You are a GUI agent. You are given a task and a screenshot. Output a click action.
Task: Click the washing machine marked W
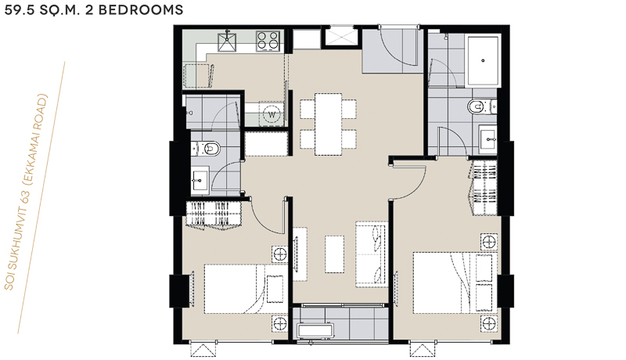point(272,114)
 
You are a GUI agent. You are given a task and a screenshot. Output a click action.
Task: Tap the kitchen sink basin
point(227,42)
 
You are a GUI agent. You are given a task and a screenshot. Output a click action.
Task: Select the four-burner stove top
point(268,41)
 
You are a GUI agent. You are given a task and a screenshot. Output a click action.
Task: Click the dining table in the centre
point(328,124)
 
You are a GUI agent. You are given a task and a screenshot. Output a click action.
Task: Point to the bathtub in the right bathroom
point(483,61)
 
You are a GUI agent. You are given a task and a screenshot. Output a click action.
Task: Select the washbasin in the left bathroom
point(200,181)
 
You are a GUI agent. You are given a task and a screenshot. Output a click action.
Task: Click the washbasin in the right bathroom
point(487,139)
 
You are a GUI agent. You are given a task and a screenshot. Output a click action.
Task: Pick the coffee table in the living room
point(335,254)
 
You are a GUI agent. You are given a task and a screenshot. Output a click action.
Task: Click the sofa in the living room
point(372,254)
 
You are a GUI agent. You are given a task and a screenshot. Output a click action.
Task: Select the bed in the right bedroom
point(455,283)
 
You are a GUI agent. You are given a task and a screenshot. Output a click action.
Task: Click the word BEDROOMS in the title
point(141,9)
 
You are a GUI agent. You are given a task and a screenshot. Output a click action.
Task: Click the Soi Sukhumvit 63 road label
point(26,192)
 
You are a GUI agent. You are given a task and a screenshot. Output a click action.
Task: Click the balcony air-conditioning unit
point(316,331)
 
